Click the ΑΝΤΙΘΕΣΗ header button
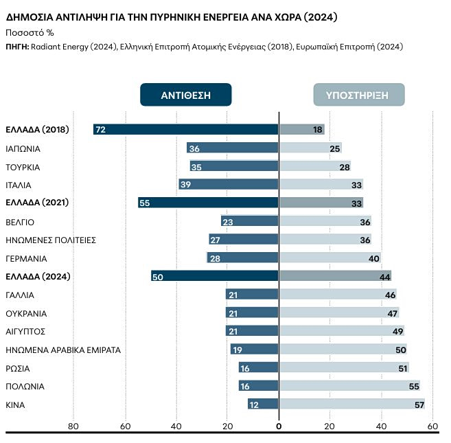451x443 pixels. pos(185,95)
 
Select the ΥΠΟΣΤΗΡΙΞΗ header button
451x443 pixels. pos(358,95)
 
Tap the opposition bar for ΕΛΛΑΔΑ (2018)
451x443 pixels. pos(186,129)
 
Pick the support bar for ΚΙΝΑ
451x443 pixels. pos(351,405)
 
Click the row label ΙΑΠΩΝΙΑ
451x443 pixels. pos(23,148)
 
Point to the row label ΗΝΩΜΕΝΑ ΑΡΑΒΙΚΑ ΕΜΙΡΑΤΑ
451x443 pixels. pos(63,350)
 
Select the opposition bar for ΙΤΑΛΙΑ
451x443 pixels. pos(229,184)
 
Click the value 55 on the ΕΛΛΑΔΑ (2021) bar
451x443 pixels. pos(144,203)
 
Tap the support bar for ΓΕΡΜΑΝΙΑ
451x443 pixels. pos(330,258)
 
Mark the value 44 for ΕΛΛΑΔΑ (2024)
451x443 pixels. pos(384,276)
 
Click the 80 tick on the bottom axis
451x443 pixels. pos(73,427)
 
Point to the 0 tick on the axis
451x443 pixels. pos(279,427)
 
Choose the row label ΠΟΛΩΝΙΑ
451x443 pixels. pos(25,386)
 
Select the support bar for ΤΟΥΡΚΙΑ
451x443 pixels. pos(315,166)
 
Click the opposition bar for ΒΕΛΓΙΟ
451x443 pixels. pos(250,221)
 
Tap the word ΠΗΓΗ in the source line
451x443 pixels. pos(16,47)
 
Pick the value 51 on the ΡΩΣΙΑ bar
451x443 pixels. pos(402,368)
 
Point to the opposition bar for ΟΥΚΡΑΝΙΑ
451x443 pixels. pos(252,313)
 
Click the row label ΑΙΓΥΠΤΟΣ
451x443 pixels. pos(25,331)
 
